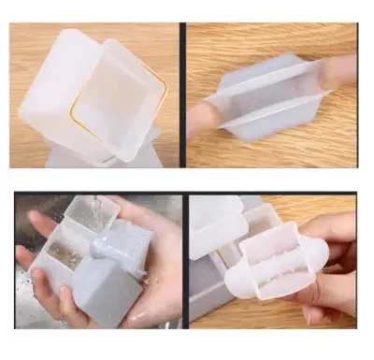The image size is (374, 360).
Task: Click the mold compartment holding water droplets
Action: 65,252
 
